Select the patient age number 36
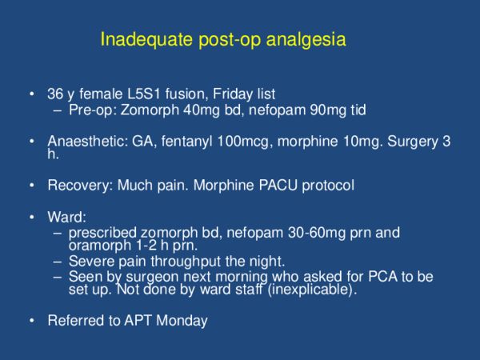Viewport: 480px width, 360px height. coord(56,96)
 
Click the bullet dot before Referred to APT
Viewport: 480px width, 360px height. coord(31,321)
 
